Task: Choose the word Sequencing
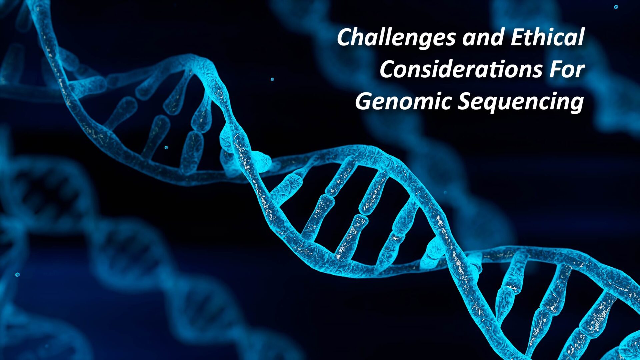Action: point(520,102)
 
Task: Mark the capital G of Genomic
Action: point(363,101)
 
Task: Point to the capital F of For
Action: point(556,69)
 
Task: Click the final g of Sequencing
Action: point(577,104)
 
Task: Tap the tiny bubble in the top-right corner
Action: point(616,7)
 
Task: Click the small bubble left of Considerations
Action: point(272,79)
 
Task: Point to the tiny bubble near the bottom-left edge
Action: point(17,275)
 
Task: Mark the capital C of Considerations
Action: point(387,69)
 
